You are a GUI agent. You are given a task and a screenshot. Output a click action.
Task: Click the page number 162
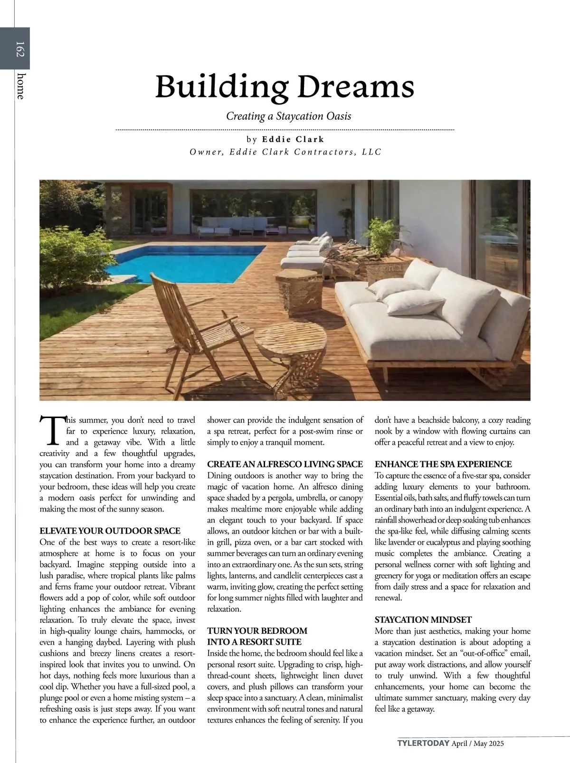pos(19,49)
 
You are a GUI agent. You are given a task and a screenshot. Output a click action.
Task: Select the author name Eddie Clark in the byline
pos(293,139)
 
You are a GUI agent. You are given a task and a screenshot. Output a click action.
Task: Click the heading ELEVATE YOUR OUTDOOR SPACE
pos(110,531)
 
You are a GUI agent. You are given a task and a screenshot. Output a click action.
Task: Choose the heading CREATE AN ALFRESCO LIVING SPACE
pos(285,464)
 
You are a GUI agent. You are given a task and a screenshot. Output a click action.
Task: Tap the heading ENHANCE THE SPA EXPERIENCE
pos(443,464)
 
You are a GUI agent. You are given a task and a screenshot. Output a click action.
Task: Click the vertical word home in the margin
pos(20,86)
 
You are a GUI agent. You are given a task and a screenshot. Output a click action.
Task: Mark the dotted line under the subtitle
pos(285,129)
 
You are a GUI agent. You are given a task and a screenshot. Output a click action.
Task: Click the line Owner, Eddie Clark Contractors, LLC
pos(285,152)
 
